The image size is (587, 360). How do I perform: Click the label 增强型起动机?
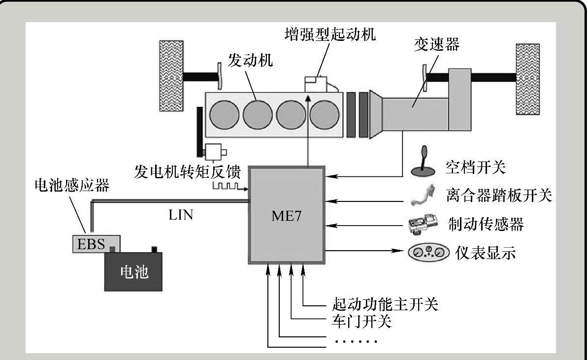(329, 34)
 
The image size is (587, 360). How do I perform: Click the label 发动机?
(251, 61)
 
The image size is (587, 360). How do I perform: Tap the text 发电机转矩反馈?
(187, 172)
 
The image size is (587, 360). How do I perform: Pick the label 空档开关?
(476, 168)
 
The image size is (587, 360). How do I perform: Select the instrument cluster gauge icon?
(429, 253)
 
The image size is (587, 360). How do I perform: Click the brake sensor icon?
(422, 225)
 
